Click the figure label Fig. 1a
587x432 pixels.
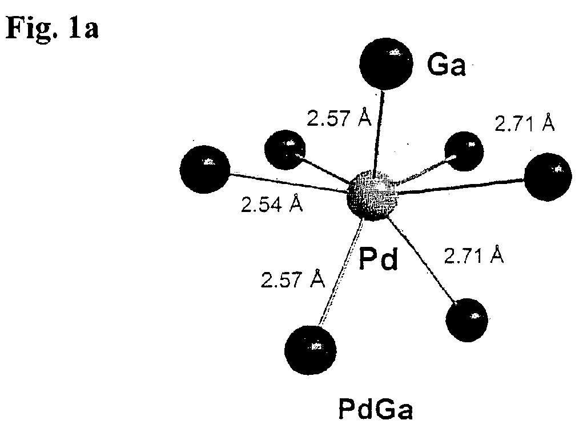tap(53, 29)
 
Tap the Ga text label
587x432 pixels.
tap(446, 65)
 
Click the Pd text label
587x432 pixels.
tap(378, 258)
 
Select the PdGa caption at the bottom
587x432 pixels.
tap(376, 409)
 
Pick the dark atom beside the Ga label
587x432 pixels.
tap(386, 63)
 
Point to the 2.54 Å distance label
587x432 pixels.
tap(272, 204)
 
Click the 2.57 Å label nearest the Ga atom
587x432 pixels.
tap(339, 117)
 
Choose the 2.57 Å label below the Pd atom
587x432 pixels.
tap(293, 279)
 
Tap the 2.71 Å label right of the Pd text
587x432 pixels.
tap(474, 255)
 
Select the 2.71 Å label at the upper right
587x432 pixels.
tap(525, 122)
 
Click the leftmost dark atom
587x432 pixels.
tap(205, 169)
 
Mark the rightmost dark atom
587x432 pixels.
tap(548, 177)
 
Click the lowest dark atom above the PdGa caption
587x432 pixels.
tap(311, 350)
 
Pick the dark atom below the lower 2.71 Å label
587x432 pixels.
tap(467, 320)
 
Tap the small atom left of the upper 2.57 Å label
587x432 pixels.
tap(285, 150)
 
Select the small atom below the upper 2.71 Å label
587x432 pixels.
tap(464, 151)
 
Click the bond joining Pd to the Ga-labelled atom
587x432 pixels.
tap(378, 131)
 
